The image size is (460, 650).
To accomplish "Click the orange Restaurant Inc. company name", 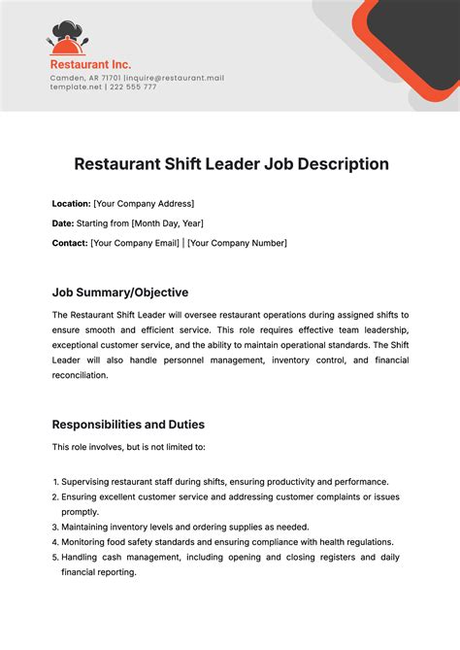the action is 90,65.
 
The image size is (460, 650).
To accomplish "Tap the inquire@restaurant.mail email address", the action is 174,78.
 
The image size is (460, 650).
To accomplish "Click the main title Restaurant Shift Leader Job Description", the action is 231,164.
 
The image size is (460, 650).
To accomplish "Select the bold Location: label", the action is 71,203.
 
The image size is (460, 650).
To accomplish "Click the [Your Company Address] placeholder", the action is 144,203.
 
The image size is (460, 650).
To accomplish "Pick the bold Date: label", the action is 62,223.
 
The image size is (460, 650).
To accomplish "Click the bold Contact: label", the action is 69,243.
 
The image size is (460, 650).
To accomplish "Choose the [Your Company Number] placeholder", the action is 237,243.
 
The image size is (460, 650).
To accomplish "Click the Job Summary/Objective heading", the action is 120,292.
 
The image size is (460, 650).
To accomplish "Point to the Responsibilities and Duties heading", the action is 128,425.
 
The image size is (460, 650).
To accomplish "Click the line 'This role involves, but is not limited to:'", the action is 128,447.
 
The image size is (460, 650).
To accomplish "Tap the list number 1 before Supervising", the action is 54,482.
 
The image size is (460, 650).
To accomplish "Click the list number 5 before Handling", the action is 54,558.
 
